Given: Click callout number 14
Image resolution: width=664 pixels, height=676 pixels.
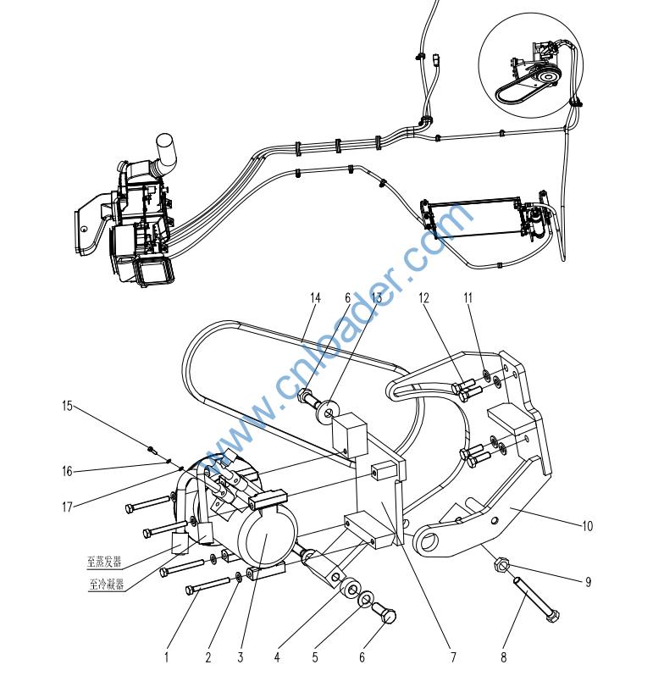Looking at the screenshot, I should pyautogui.click(x=316, y=297).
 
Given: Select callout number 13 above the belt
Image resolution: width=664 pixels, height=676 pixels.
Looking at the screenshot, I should pyautogui.click(x=377, y=297).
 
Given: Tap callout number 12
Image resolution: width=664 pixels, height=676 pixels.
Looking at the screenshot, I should pyautogui.click(x=424, y=297).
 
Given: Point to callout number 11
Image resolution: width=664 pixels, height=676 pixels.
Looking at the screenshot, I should pyautogui.click(x=468, y=297).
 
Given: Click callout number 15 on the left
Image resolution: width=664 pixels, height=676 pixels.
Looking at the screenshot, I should pyautogui.click(x=67, y=406).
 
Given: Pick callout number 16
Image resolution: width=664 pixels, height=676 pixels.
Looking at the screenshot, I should pyautogui.click(x=67, y=471).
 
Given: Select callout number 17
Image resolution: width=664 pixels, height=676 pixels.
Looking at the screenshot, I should pyautogui.click(x=66, y=507).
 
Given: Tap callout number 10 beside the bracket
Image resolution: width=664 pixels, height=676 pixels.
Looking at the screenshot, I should pyautogui.click(x=587, y=526).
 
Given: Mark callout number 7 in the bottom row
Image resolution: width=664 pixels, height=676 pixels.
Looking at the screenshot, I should pyautogui.click(x=453, y=657).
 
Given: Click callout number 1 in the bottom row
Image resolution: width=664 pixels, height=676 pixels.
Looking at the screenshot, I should pyautogui.click(x=167, y=657).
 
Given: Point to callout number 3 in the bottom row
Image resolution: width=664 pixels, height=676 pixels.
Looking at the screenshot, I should pyautogui.click(x=241, y=657).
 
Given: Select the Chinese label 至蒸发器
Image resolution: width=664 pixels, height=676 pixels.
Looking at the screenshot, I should pyautogui.click(x=104, y=562).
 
